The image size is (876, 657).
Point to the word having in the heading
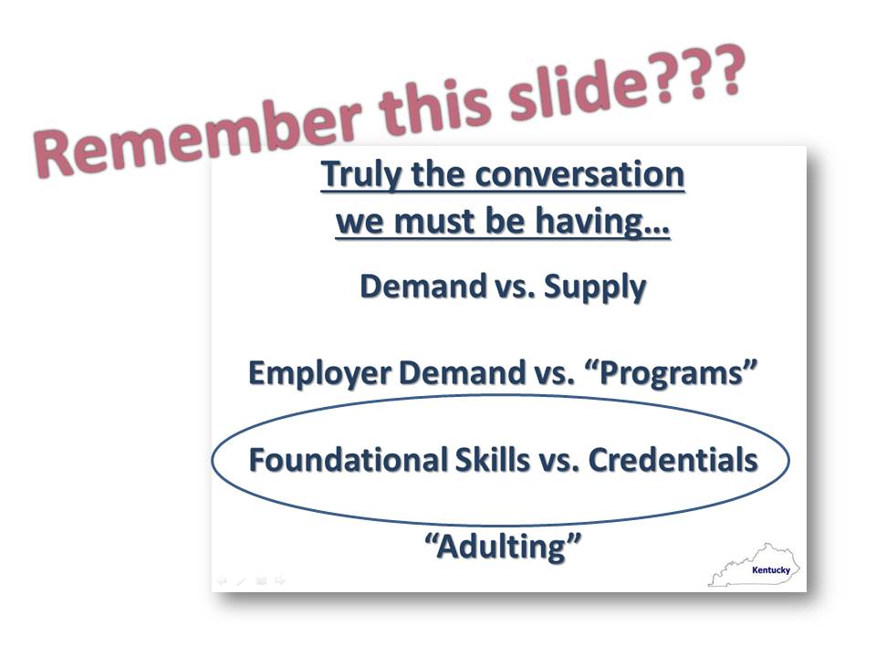(x=602, y=223)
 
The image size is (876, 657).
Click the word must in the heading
(x=435, y=221)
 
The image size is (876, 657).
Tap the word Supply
(x=594, y=288)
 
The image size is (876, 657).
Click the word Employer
(x=319, y=374)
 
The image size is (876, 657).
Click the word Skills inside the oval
(x=492, y=459)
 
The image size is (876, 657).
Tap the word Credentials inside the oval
(x=673, y=459)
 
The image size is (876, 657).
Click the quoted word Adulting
(x=503, y=546)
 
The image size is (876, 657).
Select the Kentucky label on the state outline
(x=771, y=569)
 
